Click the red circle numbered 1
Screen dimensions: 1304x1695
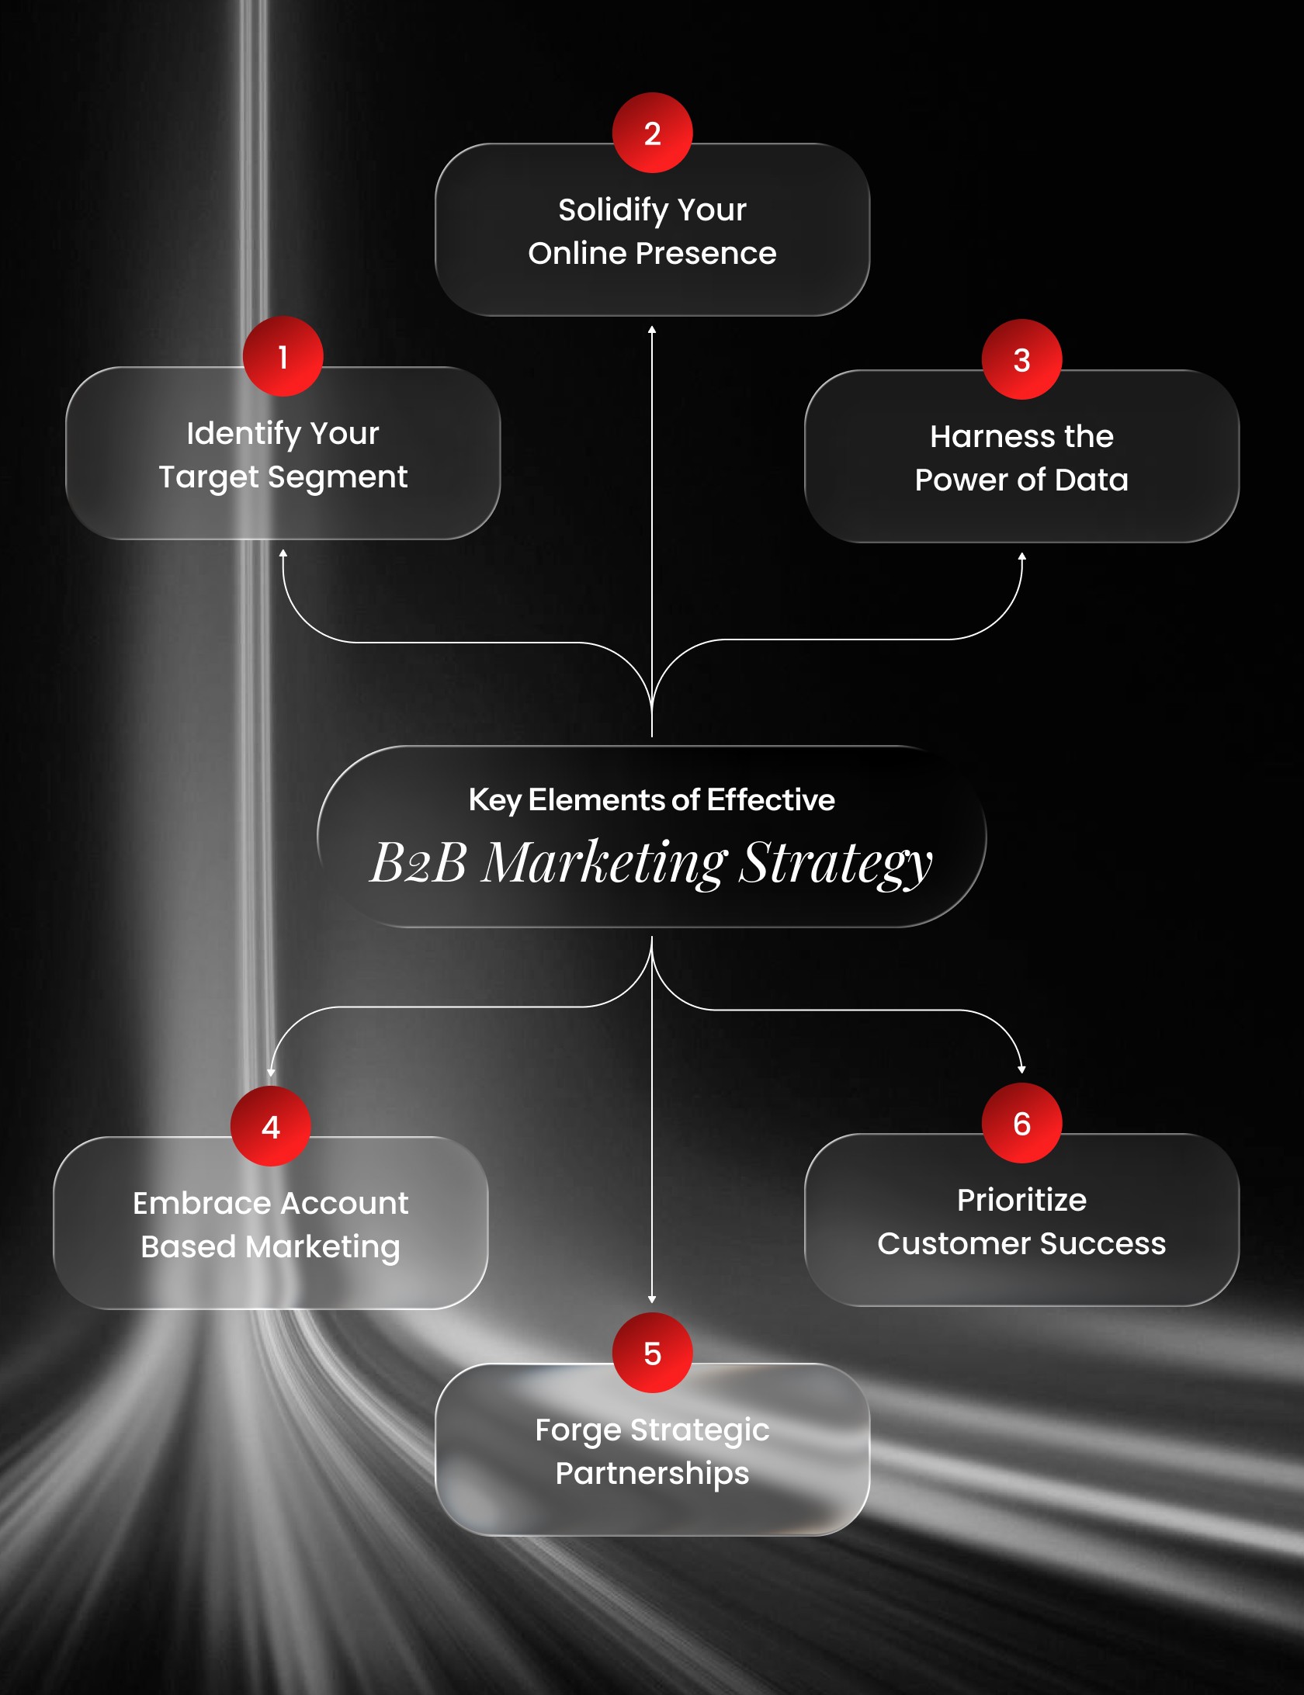(x=283, y=356)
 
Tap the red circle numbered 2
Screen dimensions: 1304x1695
(x=652, y=133)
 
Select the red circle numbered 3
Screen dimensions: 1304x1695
(x=1021, y=359)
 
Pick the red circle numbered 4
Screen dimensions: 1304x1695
(x=270, y=1126)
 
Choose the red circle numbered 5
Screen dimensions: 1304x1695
(x=652, y=1353)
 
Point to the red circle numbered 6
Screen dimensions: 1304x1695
(x=1021, y=1123)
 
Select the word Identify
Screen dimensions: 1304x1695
(x=243, y=434)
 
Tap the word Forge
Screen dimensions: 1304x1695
(x=577, y=1430)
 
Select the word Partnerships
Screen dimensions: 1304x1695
(x=652, y=1474)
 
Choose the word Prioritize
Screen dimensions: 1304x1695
(x=1021, y=1201)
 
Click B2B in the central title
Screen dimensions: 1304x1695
(x=418, y=862)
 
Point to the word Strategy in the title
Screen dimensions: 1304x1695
(x=835, y=862)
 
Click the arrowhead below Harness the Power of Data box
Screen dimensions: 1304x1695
(x=1021, y=556)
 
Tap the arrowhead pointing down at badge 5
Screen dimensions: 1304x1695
(x=652, y=1298)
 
